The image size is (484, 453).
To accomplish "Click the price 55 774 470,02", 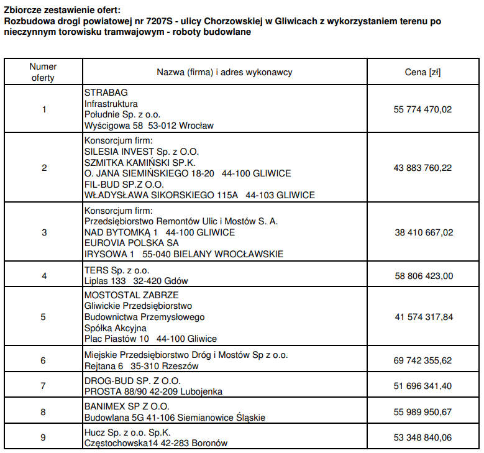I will coord(422,109).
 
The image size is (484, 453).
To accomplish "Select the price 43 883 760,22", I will coord(422,168).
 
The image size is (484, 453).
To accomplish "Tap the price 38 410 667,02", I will coord(422,232).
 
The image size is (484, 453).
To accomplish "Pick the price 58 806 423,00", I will coord(422,275).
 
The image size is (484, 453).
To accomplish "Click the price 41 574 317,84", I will coord(422,317).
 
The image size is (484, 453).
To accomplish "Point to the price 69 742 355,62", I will coord(422,360).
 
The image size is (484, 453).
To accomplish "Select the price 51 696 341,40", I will coord(422,386).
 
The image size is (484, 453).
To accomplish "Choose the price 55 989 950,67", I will coord(422,412).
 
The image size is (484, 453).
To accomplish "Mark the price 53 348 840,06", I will coord(422,437).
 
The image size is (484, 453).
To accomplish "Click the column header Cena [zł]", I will coord(422,72).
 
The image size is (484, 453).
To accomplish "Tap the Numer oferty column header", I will coord(43,72).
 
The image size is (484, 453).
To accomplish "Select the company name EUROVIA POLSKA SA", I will coord(131,243).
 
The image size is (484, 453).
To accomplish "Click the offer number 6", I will coord(43,360).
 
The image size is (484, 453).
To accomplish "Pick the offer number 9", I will coord(43,437).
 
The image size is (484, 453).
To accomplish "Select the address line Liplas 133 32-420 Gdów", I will coord(135,281).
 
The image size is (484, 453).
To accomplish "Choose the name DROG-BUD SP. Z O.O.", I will coord(132,380).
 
